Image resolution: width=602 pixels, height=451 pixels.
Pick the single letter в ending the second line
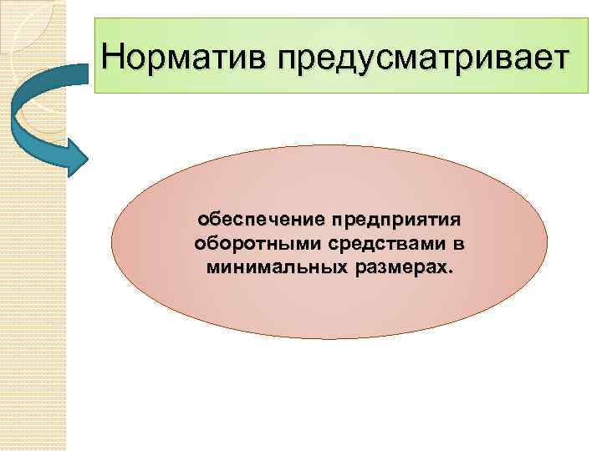coord(460,246)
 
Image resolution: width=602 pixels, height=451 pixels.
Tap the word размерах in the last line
coord(396,269)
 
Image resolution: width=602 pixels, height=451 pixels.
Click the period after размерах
coord(451,273)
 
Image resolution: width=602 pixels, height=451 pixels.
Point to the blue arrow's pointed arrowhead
coord(80,154)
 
